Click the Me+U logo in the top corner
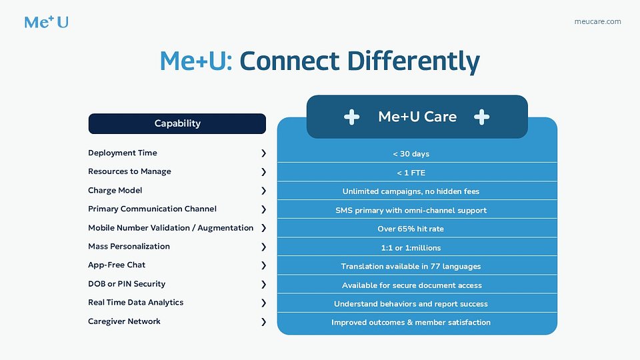point(46,21)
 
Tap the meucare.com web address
point(597,21)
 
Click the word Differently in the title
point(413,61)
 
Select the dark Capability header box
point(177,123)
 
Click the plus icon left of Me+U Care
point(351,117)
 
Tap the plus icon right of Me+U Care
point(481,117)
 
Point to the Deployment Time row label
point(123,153)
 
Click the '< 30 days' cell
point(411,154)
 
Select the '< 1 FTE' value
point(411,173)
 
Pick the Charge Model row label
point(115,191)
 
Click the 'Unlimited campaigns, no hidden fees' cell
point(411,191)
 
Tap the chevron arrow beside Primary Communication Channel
point(263,209)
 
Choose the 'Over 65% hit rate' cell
point(411,229)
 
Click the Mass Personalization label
point(129,247)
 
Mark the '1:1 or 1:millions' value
point(411,247)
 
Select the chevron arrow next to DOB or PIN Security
point(263,284)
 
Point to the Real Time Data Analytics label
point(135,303)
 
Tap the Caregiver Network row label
point(124,321)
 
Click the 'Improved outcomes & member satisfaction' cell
point(411,322)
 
